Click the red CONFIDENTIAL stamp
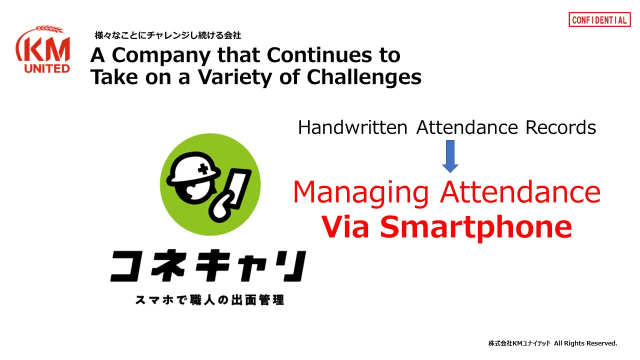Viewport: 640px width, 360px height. click(x=599, y=19)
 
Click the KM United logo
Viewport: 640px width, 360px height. click(x=43, y=49)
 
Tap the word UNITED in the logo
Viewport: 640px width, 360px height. click(x=47, y=68)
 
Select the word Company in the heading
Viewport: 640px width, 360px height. click(x=161, y=55)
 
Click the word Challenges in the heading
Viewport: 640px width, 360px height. click(x=364, y=77)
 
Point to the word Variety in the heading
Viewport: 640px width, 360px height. click(x=235, y=77)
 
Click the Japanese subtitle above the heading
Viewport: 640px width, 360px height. click(x=168, y=35)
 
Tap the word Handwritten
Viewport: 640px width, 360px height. click(x=352, y=127)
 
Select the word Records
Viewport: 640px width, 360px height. click(x=560, y=127)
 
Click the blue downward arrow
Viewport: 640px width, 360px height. click(x=450, y=156)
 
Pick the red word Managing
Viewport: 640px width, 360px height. click(x=360, y=193)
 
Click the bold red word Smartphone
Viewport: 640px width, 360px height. click(x=476, y=227)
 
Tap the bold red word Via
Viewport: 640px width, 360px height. click(x=345, y=226)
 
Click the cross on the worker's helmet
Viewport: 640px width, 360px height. click(x=203, y=169)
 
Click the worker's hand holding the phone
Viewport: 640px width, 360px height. click(x=220, y=206)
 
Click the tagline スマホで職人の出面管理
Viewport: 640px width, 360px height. click(x=209, y=299)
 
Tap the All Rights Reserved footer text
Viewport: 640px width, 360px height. click(x=585, y=343)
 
